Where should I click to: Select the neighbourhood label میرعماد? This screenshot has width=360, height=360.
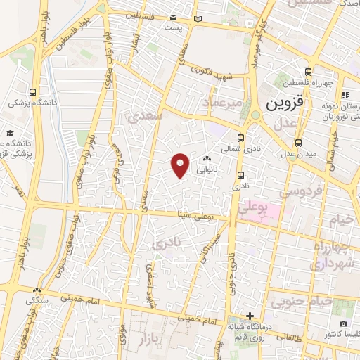pyautogui.click(x=222, y=105)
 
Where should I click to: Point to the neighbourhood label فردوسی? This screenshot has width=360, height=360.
pyautogui.click(x=300, y=191)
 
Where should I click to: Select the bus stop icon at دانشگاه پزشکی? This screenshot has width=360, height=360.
pyautogui.click(x=34, y=91)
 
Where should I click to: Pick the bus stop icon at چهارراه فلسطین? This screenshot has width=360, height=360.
pyautogui.click(x=307, y=72)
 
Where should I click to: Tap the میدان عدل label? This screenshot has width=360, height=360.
pyautogui.click(x=303, y=154)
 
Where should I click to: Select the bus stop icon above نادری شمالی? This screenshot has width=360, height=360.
pyautogui.click(x=241, y=138)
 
